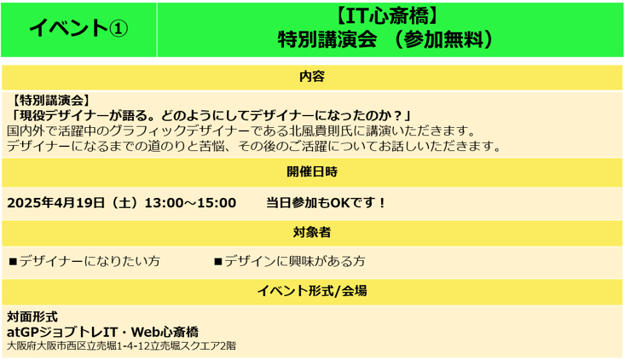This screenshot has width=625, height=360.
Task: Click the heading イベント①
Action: coord(78,28)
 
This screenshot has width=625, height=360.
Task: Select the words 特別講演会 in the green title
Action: coord(327,39)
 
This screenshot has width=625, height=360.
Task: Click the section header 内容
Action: coord(312,76)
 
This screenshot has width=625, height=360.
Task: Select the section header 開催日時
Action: coord(312,171)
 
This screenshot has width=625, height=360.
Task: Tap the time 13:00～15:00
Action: coord(190,202)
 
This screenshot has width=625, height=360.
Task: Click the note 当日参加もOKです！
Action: coord(326,202)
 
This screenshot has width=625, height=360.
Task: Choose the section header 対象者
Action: coord(312,232)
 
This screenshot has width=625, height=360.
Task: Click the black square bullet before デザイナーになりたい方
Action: coord(13,262)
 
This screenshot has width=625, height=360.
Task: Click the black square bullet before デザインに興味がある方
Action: coord(217,262)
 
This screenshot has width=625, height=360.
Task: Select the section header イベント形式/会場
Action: coord(312,291)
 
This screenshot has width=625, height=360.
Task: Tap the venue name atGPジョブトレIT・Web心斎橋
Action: coord(102,332)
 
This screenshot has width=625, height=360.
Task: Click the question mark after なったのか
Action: coord(397,116)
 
